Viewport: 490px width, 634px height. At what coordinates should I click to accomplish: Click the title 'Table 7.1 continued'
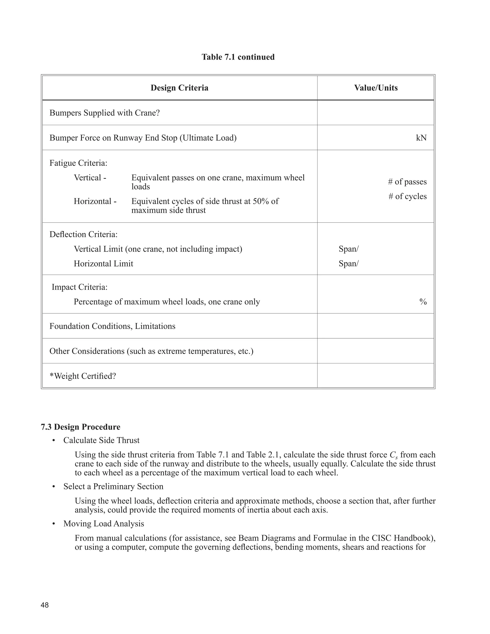pyautogui.click(x=238, y=57)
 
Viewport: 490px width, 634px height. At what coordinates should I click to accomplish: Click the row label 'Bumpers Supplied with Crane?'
pyautogui.click(x=105, y=113)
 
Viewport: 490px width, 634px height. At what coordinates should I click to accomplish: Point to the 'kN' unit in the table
pyautogui.click(x=421, y=138)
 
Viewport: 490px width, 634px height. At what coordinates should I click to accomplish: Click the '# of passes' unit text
pyautogui.click(x=407, y=182)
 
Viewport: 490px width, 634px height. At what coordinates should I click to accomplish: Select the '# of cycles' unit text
pyautogui.click(x=407, y=196)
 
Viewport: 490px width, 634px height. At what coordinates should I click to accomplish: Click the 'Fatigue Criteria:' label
pyautogui.click(x=78, y=163)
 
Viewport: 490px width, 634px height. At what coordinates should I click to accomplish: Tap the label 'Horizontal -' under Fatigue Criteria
pyautogui.click(x=95, y=201)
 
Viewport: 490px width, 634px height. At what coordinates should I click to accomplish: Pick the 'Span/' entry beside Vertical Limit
pyautogui.click(x=349, y=249)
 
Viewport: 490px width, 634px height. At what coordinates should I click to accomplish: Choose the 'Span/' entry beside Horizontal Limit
pyautogui.click(x=349, y=264)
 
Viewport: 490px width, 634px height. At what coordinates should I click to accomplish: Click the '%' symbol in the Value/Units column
pyautogui.click(x=423, y=302)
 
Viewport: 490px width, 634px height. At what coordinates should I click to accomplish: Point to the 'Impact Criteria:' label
pyautogui.click(x=79, y=287)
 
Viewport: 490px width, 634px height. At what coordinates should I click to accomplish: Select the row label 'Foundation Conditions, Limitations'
pyautogui.click(x=112, y=326)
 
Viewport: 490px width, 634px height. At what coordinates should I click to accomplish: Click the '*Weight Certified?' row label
pyautogui.click(x=83, y=376)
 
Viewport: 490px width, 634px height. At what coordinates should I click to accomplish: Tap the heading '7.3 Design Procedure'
pyautogui.click(x=80, y=427)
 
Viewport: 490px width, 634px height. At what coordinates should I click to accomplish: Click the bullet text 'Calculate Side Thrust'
pyautogui.click(x=101, y=440)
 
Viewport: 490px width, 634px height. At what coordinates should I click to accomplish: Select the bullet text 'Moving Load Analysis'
pyautogui.click(x=104, y=524)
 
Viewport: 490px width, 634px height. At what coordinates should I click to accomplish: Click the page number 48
pyautogui.click(x=45, y=605)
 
